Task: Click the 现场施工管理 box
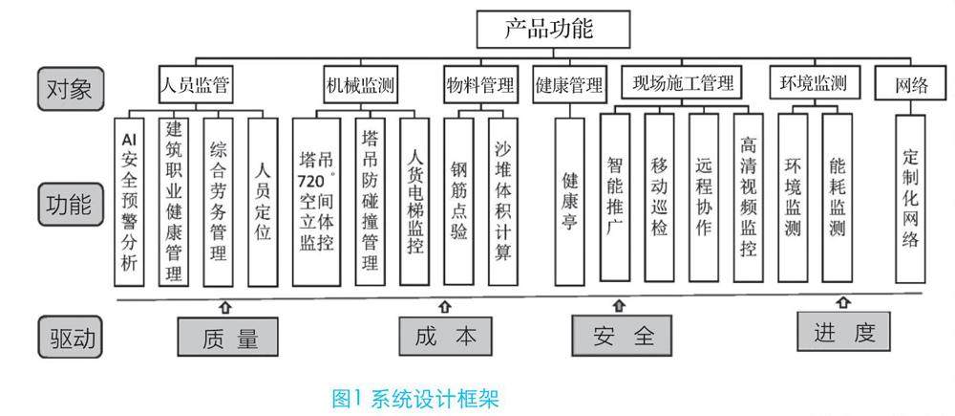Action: [x=682, y=83]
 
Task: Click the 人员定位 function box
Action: [x=263, y=200]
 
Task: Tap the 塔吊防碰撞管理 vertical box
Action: [x=370, y=200]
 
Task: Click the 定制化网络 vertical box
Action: [x=910, y=198]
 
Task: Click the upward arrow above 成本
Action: [x=444, y=308]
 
